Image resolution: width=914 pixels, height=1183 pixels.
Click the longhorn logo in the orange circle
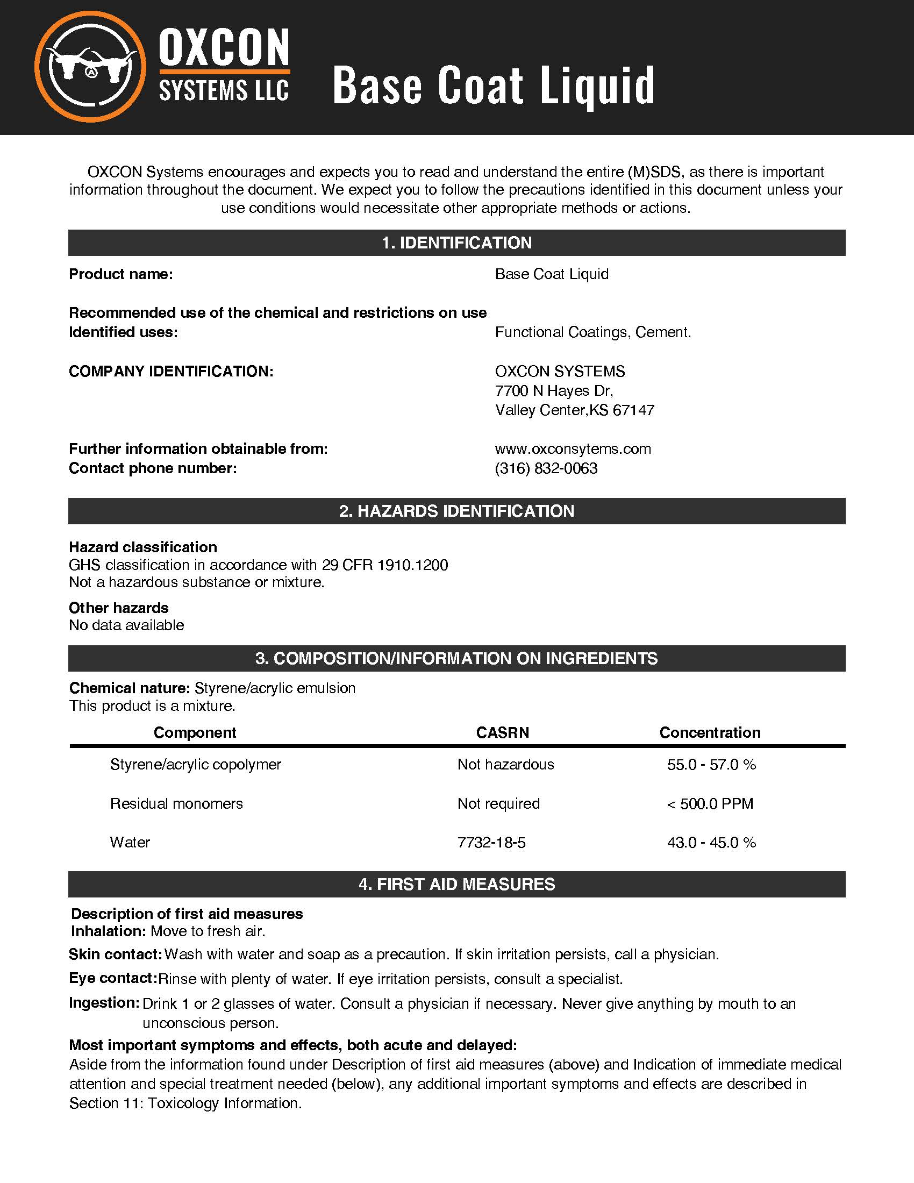[90, 66]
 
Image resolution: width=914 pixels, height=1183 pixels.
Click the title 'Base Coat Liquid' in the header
[493, 85]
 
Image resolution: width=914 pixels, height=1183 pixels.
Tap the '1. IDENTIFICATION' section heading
[456, 243]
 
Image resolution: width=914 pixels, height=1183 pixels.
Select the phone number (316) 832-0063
[546, 468]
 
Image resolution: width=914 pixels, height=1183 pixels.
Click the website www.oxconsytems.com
[573, 449]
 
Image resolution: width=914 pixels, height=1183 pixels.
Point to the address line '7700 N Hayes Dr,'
[553, 390]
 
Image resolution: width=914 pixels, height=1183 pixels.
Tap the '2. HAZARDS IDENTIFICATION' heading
[456, 511]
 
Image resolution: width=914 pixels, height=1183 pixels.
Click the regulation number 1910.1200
[412, 565]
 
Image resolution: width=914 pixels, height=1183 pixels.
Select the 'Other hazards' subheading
[119, 608]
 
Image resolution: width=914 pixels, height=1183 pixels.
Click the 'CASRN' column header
[503, 733]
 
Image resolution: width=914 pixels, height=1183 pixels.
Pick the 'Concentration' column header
[709, 733]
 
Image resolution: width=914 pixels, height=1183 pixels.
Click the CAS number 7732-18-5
[491, 842]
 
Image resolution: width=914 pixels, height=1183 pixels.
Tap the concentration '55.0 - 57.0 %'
[711, 764]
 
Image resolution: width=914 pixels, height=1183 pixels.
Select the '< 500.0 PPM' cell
[709, 803]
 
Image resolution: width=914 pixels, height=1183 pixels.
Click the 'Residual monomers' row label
[176, 803]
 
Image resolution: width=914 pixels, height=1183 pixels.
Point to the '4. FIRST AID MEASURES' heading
[456, 884]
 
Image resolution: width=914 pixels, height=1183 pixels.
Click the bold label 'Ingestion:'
[104, 1003]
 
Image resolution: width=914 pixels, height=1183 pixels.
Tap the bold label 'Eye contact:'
[112, 978]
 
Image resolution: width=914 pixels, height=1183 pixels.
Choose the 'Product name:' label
[121, 274]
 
